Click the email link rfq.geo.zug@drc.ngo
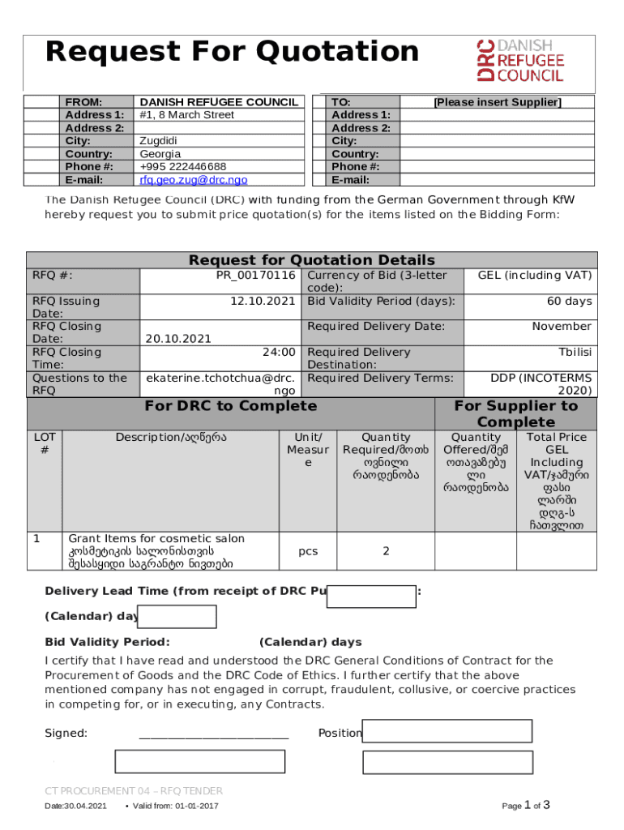point(194,180)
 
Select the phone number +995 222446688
point(183,167)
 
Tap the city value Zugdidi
point(158,141)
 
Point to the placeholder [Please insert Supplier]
point(497,102)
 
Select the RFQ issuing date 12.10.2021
point(263,302)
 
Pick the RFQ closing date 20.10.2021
point(178,340)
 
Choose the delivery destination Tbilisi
point(575,353)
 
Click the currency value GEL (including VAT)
point(535,276)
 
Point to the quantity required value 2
point(386,551)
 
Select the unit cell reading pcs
point(308,551)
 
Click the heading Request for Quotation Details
point(312,260)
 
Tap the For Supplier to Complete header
point(516,414)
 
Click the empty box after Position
point(447,731)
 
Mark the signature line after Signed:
point(214,734)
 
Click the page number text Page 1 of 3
point(527,806)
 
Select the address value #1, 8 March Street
point(187,115)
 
